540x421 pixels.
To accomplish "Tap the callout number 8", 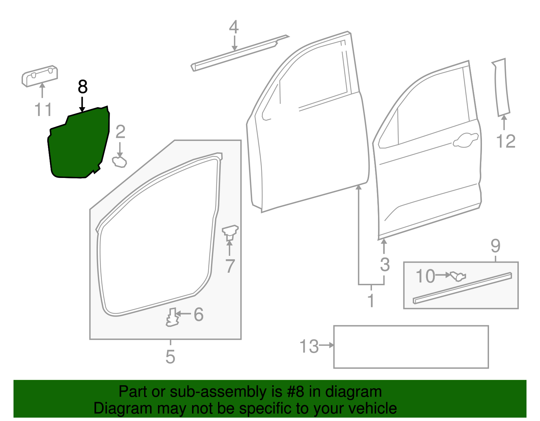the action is [82, 87].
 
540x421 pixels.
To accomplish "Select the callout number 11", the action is [43, 110].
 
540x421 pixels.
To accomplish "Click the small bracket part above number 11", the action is [40, 76].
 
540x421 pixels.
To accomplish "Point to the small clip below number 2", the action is [119, 162].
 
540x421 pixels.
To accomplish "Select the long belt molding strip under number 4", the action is [240, 53].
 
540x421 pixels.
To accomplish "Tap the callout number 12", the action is [506, 141].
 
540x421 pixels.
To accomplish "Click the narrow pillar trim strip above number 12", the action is [501, 87].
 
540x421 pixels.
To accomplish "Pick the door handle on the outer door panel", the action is [465, 140].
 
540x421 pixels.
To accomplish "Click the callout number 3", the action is [385, 264].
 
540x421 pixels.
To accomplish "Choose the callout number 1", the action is [371, 301].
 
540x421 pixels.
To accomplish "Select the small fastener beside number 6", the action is [172, 317].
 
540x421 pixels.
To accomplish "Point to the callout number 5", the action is [170, 357].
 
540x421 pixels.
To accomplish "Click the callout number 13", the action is [309, 346].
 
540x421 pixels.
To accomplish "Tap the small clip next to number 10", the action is [458, 276].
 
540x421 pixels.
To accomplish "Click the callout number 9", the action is [495, 246].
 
